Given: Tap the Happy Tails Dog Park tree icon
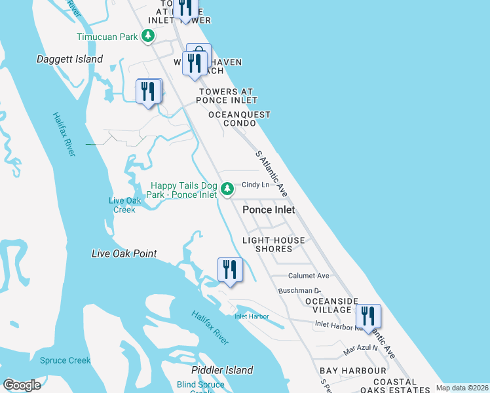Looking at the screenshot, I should (x=227, y=190).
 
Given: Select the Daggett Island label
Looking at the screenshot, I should (x=69, y=60).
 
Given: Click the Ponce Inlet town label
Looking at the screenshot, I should (x=269, y=210).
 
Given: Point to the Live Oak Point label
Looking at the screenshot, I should (x=124, y=253).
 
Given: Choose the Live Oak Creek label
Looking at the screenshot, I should (x=123, y=205).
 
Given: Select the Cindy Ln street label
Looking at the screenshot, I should (x=255, y=185).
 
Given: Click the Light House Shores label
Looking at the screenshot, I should (x=274, y=244).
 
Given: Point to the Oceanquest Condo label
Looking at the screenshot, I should (x=239, y=119).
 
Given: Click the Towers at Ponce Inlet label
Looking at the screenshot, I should (x=226, y=96).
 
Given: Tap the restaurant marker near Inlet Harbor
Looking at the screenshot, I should (x=230, y=269).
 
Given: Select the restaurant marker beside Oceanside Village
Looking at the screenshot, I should (x=368, y=316).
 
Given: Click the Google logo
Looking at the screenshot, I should (x=22, y=385).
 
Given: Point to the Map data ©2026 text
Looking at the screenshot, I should (x=462, y=388).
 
